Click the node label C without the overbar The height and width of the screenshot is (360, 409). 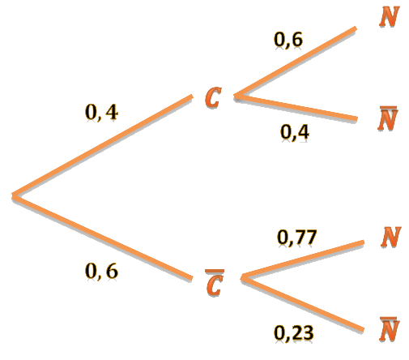(213, 97)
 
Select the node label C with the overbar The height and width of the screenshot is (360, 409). (215, 282)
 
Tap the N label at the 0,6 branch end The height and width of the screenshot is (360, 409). (390, 16)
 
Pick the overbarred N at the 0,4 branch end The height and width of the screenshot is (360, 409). (388, 118)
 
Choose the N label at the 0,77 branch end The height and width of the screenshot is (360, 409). (391, 237)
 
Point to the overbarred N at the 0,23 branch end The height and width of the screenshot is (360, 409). (390, 329)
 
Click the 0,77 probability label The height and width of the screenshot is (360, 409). (296, 238)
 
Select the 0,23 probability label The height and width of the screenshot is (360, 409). (294, 332)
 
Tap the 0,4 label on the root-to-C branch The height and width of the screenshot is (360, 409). (101, 112)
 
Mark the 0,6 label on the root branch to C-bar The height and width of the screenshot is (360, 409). (101, 271)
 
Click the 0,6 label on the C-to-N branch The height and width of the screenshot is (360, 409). (288, 40)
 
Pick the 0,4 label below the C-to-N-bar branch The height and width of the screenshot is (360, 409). (295, 132)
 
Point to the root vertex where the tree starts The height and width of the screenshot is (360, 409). (14, 195)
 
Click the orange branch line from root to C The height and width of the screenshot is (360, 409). (102, 145)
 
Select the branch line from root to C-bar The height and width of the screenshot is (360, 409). (102, 237)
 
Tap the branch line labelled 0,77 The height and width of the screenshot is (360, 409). (302, 259)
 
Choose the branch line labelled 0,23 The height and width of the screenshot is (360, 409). (302, 304)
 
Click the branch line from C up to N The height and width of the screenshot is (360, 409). (296, 62)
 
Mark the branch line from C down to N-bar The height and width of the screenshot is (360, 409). (296, 108)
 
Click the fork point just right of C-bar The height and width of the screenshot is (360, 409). (242, 277)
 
